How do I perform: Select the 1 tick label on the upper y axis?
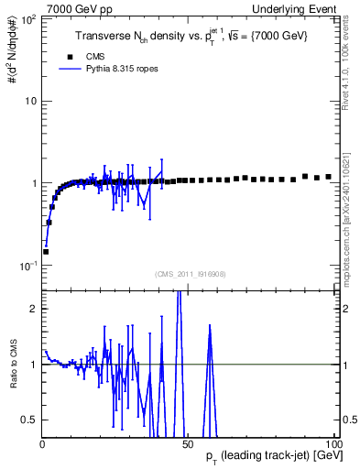coord(33,183)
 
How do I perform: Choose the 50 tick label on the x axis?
coord(188,442)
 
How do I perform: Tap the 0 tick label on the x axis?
coord(42,442)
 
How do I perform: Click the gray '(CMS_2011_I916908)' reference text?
coord(190,273)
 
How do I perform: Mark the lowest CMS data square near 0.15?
coord(46,251)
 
